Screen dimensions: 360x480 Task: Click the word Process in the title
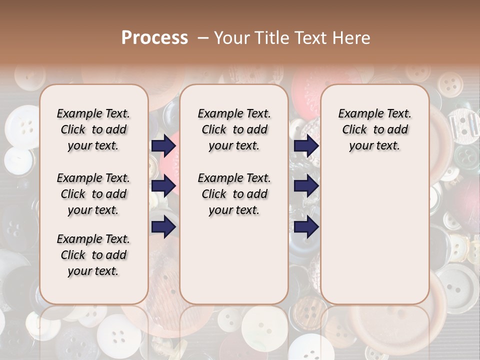coord(154,38)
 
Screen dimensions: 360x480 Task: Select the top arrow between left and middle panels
coord(163,146)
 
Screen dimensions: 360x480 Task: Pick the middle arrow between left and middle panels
coord(163,186)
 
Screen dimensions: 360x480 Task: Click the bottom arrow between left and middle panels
coord(163,227)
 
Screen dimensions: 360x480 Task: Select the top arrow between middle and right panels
coord(306,146)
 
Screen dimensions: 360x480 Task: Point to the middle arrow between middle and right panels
coord(306,186)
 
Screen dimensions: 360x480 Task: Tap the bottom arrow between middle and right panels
coord(306,227)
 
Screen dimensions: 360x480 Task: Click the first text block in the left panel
coord(93,129)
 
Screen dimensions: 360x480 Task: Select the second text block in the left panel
coord(93,194)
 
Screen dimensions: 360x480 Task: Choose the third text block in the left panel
coord(93,255)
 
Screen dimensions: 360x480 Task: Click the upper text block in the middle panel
coord(234,129)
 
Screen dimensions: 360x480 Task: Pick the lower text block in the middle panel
coord(234,194)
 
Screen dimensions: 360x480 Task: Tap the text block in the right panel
coord(374,129)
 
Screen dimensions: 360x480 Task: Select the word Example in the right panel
coord(357,114)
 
